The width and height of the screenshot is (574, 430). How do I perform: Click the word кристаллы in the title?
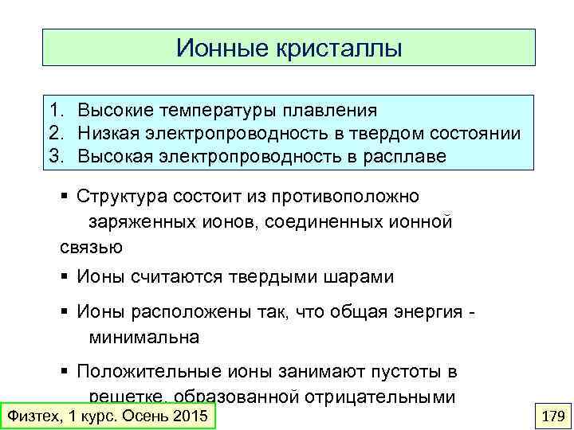coord(338,49)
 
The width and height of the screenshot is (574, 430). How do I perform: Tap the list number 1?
coord(54,109)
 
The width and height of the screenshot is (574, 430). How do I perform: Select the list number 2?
coord(54,133)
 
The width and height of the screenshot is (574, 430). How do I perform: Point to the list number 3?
coord(54,156)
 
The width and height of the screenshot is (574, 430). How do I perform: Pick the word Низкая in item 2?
coord(110,133)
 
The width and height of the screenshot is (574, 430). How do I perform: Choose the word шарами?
coord(356,277)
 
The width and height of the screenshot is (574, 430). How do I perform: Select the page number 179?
coord(552,416)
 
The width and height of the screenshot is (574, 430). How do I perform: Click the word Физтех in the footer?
coord(32,416)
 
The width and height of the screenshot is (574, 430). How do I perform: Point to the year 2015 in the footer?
coord(190,416)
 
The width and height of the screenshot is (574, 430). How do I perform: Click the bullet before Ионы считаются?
coord(65,277)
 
